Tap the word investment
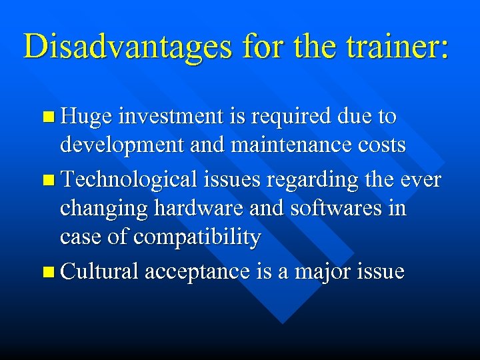pos(169,117)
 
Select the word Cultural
pos(100,271)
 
